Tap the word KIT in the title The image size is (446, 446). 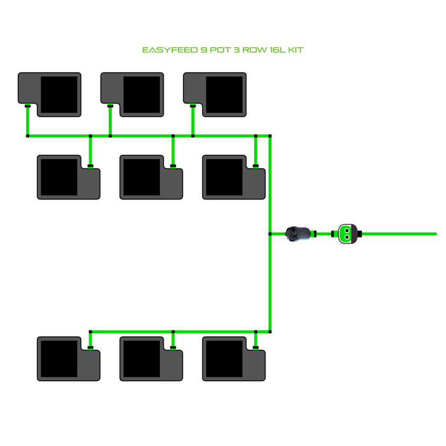pos(294,50)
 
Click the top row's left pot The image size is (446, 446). pos(50,94)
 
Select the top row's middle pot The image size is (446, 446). pos(133,94)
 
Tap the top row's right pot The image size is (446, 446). pos(215,94)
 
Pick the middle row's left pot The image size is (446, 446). pos(69,177)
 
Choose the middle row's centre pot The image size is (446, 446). pos(152,177)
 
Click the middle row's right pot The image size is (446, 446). pos(234,177)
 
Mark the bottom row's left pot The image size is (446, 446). pos(69,359)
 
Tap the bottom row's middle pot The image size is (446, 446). pos(152,359)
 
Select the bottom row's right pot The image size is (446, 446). pos(234,359)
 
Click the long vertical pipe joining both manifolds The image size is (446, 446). pos(270,280)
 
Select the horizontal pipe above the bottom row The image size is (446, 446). pos(178,331)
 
